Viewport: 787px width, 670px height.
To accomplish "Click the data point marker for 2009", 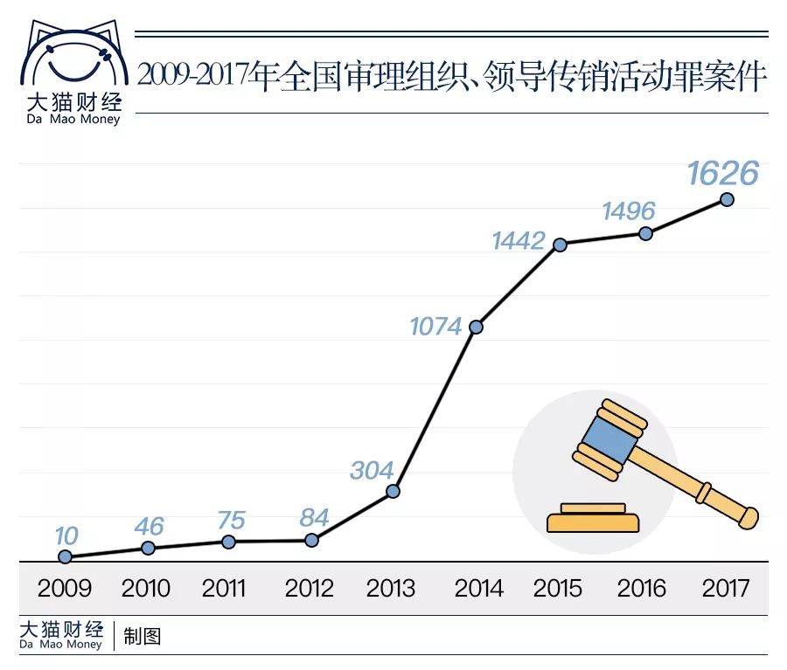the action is [x=65, y=556].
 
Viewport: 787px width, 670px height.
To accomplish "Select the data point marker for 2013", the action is [x=393, y=491].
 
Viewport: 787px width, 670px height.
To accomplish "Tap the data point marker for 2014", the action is [x=476, y=328].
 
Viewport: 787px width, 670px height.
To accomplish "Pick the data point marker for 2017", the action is [x=726, y=199].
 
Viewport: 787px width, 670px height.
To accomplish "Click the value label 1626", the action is [x=722, y=174].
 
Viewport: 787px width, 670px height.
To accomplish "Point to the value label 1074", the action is [x=435, y=327].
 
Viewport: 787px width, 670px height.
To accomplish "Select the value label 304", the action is [x=372, y=470].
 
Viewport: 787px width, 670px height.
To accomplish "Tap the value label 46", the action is [x=149, y=526].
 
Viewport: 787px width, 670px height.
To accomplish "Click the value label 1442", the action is [x=519, y=240].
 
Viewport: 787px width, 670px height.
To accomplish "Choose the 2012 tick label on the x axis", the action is [x=309, y=588].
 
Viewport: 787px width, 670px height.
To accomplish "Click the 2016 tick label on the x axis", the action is [x=641, y=588].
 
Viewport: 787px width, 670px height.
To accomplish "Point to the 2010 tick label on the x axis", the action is [x=146, y=588].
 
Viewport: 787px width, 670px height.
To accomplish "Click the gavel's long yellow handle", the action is [x=700, y=485].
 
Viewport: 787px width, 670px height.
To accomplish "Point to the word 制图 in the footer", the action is [x=142, y=636].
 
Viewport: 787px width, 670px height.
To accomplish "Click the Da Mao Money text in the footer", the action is [x=60, y=645].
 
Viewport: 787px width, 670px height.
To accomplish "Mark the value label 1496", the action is [x=628, y=211].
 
